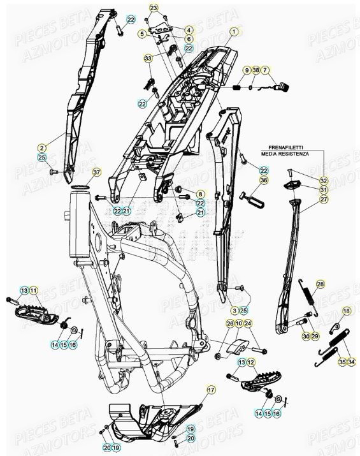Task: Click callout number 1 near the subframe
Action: (x=233, y=31)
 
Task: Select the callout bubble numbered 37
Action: (x=96, y=172)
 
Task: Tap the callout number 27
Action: (x=324, y=200)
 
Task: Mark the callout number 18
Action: (x=346, y=311)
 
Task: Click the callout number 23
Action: (x=153, y=8)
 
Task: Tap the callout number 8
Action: (x=200, y=194)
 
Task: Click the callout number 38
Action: (x=256, y=70)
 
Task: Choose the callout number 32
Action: (x=324, y=180)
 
